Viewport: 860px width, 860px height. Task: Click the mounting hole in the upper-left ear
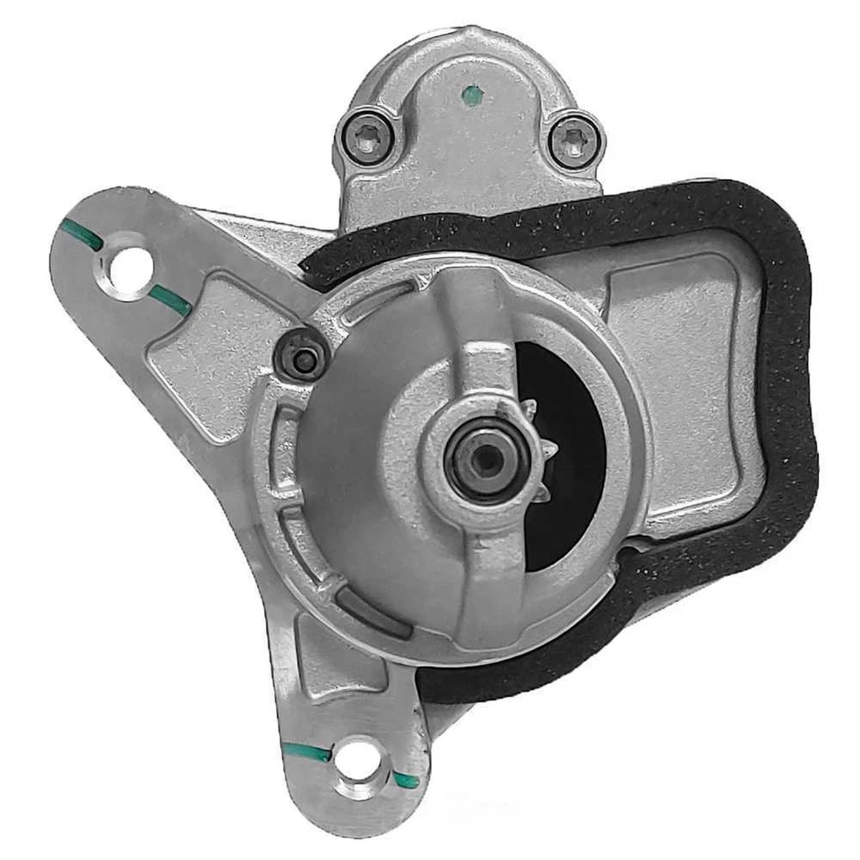point(127,262)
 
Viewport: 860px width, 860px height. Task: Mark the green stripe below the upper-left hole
point(169,299)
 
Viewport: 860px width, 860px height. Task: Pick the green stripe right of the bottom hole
point(406,780)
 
